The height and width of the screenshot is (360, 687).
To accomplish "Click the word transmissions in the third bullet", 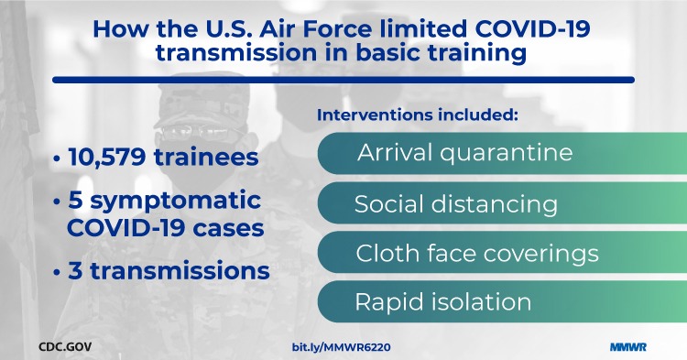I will (180, 271).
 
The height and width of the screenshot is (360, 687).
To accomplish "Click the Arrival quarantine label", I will (463, 152).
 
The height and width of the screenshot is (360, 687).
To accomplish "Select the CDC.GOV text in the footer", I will (65, 348).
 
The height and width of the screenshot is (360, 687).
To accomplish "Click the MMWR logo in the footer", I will (628, 348).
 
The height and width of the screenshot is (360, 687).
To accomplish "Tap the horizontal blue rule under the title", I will (343, 80).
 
